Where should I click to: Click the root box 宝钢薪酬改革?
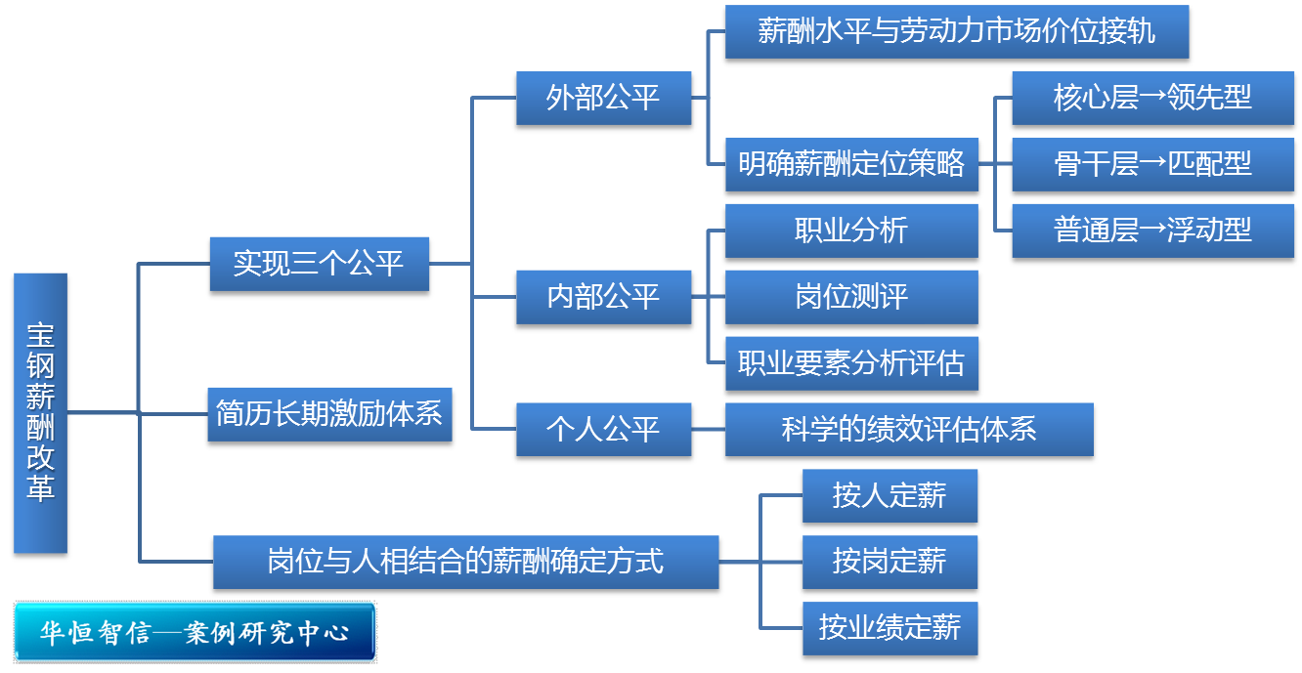(41, 413)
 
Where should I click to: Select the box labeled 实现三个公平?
(320, 264)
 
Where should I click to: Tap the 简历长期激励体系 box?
(330, 414)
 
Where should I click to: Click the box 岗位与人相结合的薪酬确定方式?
(466, 562)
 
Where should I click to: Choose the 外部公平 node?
(604, 98)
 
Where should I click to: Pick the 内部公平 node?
(604, 297)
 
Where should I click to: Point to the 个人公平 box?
(604, 429)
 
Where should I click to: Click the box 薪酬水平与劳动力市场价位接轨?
(957, 31)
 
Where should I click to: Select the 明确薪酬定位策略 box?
(852, 164)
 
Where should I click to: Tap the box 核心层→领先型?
(1153, 98)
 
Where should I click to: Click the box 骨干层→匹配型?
(1153, 164)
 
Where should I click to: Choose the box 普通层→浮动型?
(1153, 231)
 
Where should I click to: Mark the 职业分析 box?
(852, 231)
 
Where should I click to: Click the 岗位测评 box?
(852, 297)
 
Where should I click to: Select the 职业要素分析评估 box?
(852, 363)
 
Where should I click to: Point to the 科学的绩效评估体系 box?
(910, 429)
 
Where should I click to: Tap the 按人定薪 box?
(890, 495)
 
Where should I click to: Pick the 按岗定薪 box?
(890, 562)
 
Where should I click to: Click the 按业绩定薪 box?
(890, 628)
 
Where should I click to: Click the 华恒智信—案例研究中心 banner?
(195, 632)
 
